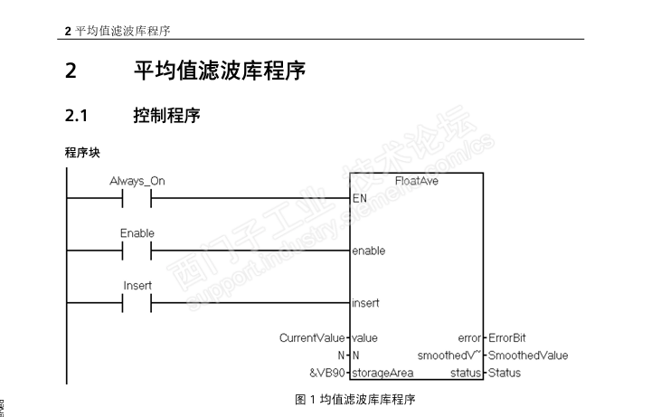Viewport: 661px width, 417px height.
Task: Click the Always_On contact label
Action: point(137,181)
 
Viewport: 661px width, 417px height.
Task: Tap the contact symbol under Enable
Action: point(137,251)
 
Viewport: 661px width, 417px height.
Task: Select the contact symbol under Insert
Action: point(137,303)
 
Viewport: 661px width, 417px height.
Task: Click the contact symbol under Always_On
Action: point(137,198)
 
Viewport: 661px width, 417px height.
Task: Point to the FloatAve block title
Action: point(416,181)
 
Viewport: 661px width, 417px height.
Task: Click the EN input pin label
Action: point(359,198)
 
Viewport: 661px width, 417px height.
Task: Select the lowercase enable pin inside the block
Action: point(368,251)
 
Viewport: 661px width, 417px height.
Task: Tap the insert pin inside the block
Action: point(365,303)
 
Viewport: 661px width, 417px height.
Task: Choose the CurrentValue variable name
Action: point(312,338)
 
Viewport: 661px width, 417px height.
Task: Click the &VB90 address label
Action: point(326,373)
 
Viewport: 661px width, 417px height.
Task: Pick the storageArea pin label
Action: point(382,373)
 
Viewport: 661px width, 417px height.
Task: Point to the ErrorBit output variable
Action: point(507,338)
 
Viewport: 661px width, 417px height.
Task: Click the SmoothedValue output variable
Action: point(528,355)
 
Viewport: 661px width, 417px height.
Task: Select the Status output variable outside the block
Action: point(504,373)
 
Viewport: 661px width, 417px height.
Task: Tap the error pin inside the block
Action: point(469,338)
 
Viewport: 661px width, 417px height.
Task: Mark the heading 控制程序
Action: point(166,116)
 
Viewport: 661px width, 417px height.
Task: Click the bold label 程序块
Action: point(81,152)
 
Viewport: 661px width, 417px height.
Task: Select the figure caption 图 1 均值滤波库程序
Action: point(355,399)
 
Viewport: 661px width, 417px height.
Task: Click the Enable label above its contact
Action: point(137,233)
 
